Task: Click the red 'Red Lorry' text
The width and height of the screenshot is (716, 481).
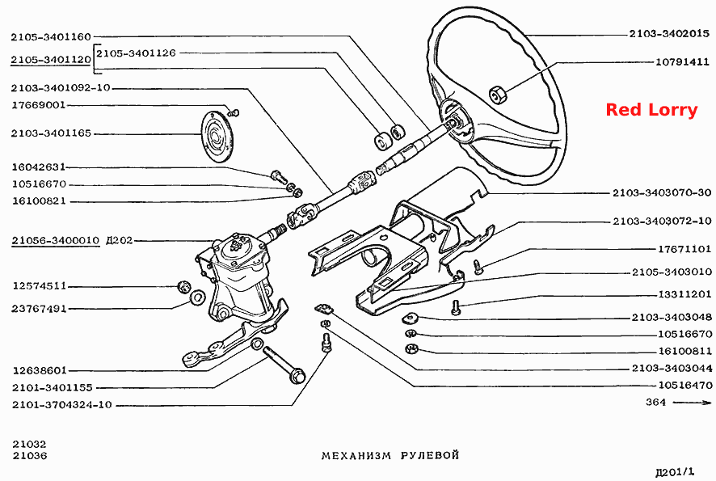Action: [x=651, y=110]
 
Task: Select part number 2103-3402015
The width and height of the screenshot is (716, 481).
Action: [x=669, y=33]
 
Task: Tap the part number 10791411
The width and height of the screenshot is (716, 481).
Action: [x=683, y=61]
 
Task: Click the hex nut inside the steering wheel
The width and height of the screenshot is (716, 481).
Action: [x=497, y=95]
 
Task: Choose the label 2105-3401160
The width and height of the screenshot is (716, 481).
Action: [x=51, y=36]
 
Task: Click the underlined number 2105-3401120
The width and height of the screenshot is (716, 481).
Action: [x=51, y=60]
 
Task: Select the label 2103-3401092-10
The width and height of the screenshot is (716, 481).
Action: [x=61, y=87]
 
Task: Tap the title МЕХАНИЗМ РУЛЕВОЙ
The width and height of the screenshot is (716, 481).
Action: [x=390, y=455]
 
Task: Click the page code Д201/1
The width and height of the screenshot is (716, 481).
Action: [x=674, y=471]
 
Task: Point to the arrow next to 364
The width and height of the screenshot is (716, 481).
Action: [x=692, y=403]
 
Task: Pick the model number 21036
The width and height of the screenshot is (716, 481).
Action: [x=30, y=455]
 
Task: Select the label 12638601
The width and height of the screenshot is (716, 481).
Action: [x=40, y=370]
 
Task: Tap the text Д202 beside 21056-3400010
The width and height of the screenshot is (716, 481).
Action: [x=119, y=240]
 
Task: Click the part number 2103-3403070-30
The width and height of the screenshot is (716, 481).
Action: [x=662, y=192]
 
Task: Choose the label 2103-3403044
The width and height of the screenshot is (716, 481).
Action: [x=672, y=368]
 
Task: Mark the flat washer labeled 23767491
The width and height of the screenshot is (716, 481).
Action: [x=197, y=297]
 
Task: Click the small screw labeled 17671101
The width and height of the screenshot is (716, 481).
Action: [x=478, y=267]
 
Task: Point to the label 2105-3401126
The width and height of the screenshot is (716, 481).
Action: [x=136, y=53]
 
